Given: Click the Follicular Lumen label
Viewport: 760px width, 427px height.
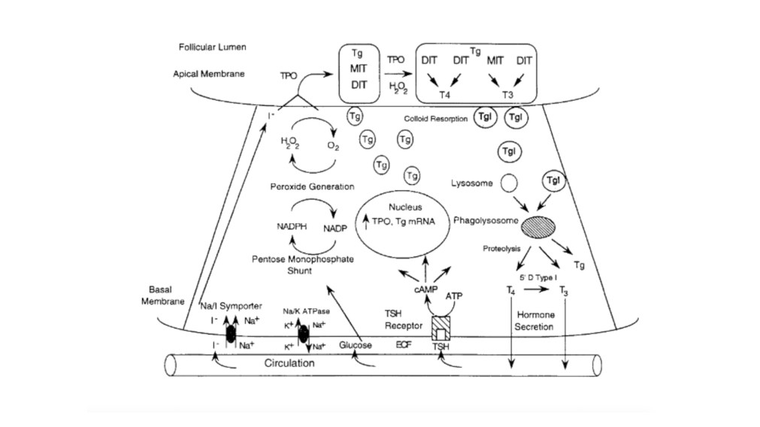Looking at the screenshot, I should click(x=213, y=47).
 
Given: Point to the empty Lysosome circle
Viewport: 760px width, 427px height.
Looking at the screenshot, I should click(x=509, y=183).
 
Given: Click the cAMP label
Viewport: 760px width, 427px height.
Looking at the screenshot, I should click(x=425, y=289).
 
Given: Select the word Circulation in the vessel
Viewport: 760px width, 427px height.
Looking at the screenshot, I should click(x=289, y=363).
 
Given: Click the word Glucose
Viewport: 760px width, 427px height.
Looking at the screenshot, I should click(x=356, y=345).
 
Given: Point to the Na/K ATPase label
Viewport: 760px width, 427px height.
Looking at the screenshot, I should click(x=306, y=311).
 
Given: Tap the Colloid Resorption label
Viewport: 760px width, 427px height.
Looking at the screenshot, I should click(x=436, y=119).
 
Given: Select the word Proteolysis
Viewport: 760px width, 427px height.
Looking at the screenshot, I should click(x=502, y=248).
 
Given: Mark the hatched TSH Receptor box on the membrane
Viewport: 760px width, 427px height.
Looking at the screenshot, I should click(x=440, y=328).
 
